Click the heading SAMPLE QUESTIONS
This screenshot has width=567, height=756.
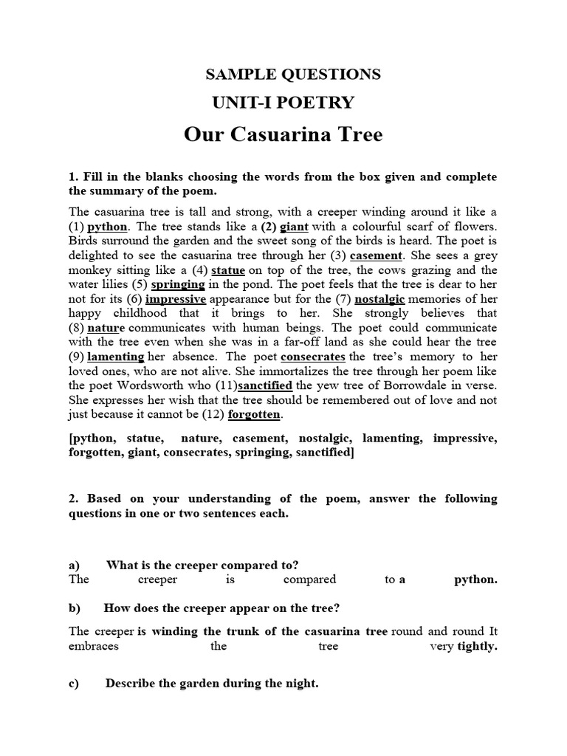[x=292, y=74]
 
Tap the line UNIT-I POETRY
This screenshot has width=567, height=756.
[x=283, y=103]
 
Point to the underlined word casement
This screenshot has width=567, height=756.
[x=376, y=255]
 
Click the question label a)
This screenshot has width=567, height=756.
[x=74, y=565]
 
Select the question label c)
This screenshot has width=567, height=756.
[x=74, y=684]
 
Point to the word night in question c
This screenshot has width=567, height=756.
[x=301, y=684]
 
